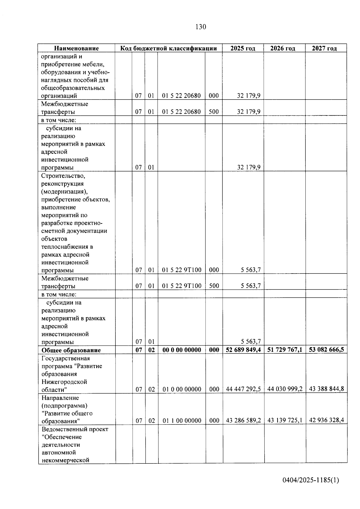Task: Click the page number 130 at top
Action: [x=201, y=27]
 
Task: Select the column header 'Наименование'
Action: [x=76, y=48]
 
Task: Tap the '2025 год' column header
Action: [x=243, y=48]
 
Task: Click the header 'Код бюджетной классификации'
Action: [x=169, y=48]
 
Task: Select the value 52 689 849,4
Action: [x=243, y=350]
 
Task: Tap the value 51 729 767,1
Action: [x=285, y=350]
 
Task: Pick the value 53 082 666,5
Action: [x=326, y=350]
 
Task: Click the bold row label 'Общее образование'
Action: [x=71, y=350]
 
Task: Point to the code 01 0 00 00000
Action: [x=182, y=389]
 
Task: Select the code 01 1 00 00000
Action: [x=182, y=421]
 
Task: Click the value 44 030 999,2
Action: [x=285, y=389]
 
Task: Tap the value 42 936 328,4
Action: [x=326, y=420]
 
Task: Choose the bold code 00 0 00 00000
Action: [x=182, y=350]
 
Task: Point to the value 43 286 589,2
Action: [x=243, y=421]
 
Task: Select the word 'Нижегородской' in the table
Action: [x=64, y=382]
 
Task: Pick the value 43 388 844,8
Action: [x=326, y=389]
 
